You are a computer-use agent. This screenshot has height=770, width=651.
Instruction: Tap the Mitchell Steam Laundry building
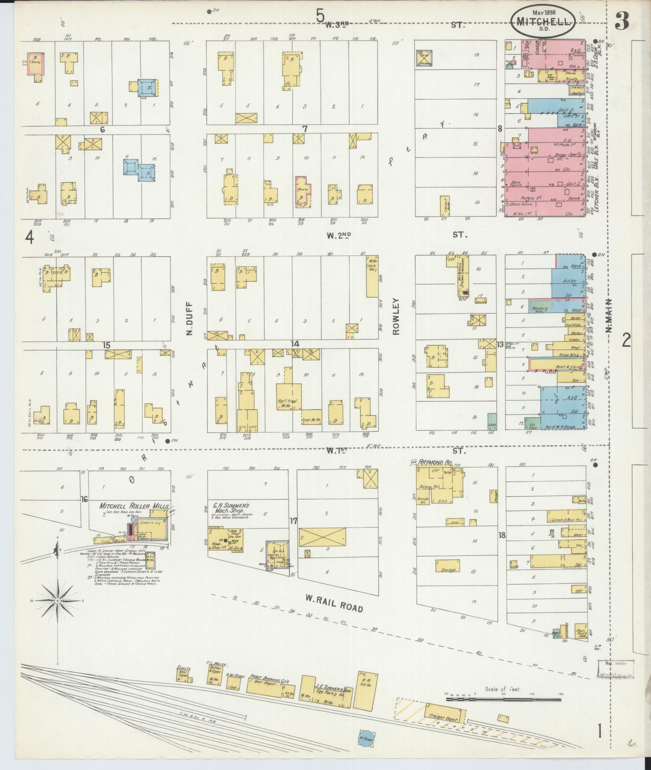coord(464,276)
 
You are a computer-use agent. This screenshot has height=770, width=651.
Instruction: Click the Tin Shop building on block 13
coord(532,424)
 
